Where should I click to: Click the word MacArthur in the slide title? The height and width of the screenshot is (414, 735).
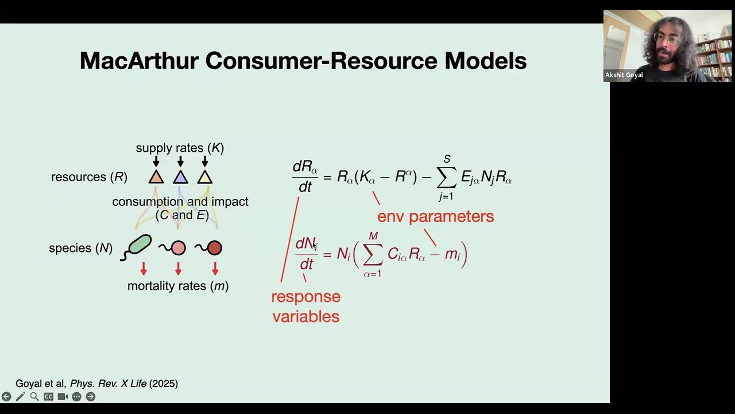pos(139,61)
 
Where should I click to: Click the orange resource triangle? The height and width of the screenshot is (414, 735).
pos(156,177)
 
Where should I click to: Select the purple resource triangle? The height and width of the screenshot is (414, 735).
pos(180,177)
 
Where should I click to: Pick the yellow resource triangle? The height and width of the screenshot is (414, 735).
pos(205,177)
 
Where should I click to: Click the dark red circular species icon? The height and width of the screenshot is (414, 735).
pos(214,248)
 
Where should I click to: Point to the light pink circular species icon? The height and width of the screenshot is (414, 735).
pos(178,248)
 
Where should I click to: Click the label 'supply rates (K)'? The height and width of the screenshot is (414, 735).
pos(180,148)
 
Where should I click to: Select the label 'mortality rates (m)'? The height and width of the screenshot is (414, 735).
pos(178,286)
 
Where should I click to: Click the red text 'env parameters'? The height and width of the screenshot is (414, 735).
pos(435,216)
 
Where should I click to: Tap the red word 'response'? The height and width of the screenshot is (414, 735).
pos(305,297)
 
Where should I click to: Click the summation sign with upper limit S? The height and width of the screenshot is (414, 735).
pos(447,177)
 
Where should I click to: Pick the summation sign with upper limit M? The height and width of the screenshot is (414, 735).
pos(373,254)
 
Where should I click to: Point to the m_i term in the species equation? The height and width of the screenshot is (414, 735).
pos(452,254)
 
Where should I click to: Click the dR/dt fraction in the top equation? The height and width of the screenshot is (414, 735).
pos(305,176)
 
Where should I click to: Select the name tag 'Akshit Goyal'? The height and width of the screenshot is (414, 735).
pos(624,75)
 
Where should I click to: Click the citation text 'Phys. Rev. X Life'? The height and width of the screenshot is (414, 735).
pos(108,384)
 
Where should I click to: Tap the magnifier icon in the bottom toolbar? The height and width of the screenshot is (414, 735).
pos(34,396)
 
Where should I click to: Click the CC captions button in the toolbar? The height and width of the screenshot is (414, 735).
pos(48,396)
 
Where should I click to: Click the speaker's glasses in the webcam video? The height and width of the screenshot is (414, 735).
pos(666,40)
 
